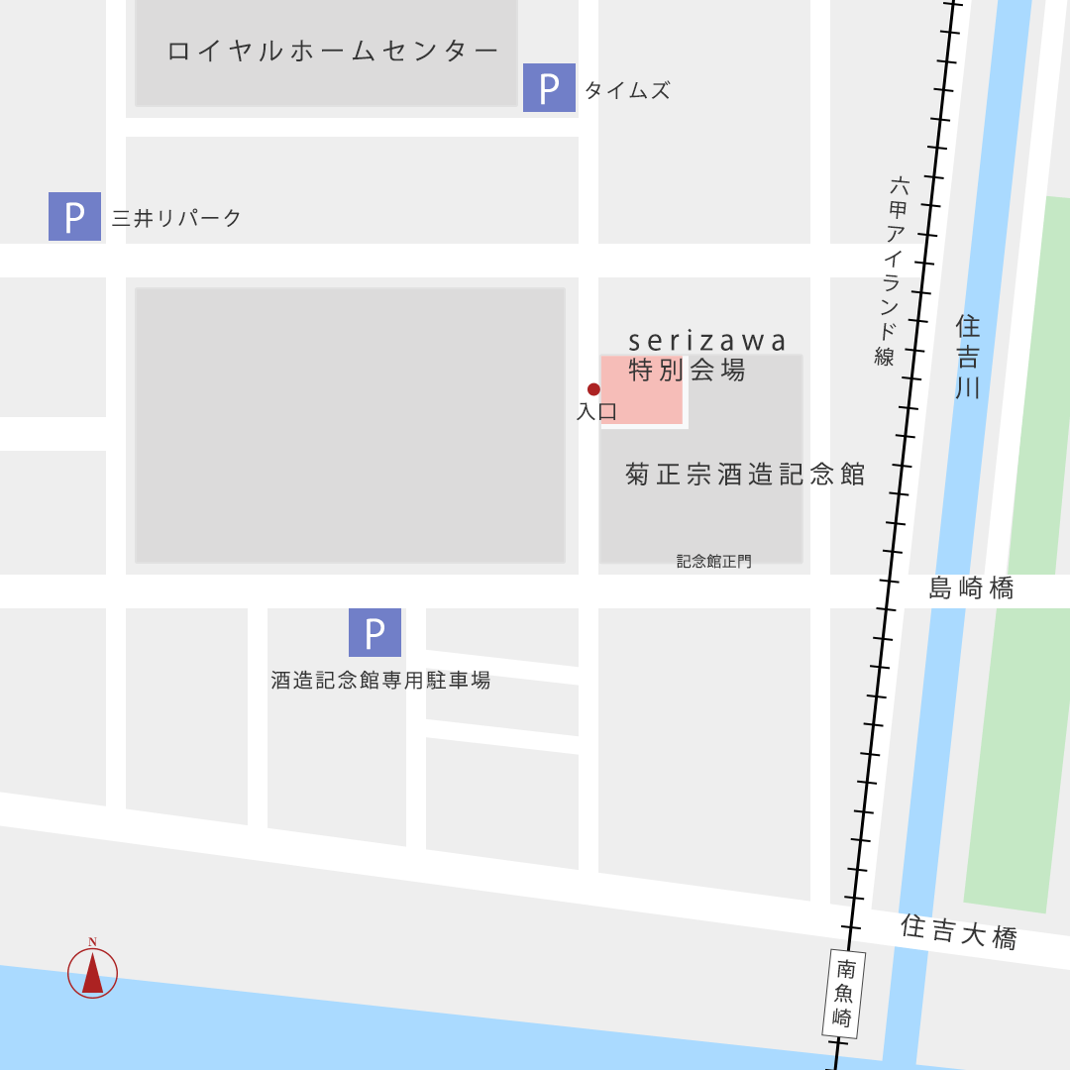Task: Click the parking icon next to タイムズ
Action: point(549,88)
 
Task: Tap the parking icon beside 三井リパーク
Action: point(74,216)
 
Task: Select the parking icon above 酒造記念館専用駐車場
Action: point(374,632)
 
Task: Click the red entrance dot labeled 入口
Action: point(593,389)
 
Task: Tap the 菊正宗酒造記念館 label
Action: point(745,475)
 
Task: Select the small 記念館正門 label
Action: point(713,561)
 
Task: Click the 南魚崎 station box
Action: point(844,994)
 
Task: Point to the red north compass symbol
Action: point(92,972)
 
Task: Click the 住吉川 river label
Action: point(968,357)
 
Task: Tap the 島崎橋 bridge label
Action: point(971,588)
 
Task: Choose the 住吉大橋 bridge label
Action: point(959,931)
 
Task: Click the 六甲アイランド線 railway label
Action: point(893,270)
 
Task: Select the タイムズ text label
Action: point(627,91)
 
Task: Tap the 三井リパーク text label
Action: point(176,219)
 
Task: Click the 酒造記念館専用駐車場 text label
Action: point(380,681)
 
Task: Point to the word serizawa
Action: point(707,342)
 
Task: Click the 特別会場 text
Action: point(687,371)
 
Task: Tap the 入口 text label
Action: point(596,412)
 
